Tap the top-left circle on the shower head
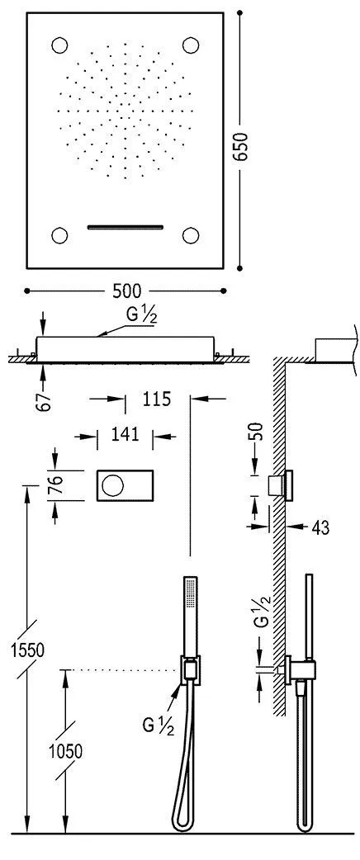coord(60,45)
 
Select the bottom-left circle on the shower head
coord(60,235)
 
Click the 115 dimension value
coord(156,399)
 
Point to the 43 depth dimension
coord(317,525)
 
